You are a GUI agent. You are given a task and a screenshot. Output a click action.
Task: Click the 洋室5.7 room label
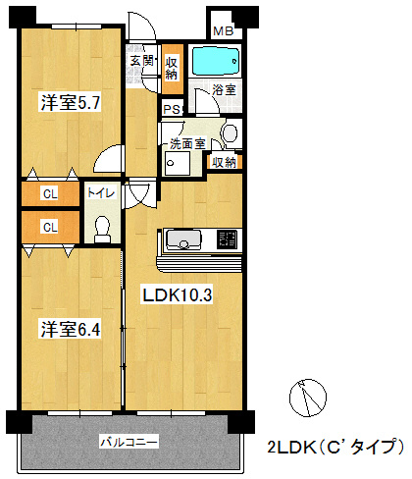(71, 101)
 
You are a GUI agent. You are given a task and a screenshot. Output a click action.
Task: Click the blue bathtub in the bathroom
(213, 62)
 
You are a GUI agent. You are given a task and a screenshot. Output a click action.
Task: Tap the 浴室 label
(224, 91)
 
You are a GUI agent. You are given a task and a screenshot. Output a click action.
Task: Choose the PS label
(171, 110)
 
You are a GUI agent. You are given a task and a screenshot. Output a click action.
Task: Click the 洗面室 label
(186, 143)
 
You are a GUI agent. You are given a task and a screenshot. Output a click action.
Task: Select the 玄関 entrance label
(141, 61)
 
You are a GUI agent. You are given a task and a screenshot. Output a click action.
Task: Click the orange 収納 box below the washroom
(224, 162)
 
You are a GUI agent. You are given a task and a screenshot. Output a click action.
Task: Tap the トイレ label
(102, 194)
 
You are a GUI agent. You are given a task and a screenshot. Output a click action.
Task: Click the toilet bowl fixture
(102, 227)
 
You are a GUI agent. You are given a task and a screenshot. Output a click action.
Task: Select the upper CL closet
(49, 194)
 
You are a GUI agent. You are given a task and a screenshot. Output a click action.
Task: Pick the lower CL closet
(49, 227)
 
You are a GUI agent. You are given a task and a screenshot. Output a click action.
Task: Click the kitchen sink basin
(183, 239)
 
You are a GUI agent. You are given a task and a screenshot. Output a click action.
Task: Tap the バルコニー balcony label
(129, 443)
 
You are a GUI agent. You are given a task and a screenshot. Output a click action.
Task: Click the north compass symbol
(308, 399)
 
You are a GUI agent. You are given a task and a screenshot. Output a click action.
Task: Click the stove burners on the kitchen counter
(227, 239)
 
